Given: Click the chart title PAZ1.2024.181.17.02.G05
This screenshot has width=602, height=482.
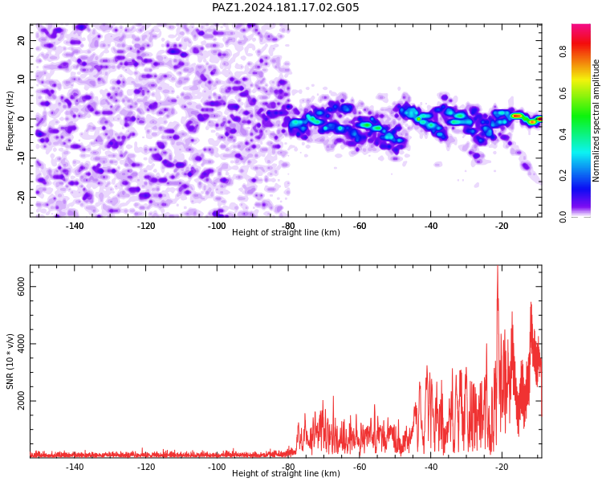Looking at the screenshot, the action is coord(285,7).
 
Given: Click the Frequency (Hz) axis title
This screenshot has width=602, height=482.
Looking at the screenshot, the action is coord(10,120).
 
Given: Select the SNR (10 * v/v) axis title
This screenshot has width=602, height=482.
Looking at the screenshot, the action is coord(10,361).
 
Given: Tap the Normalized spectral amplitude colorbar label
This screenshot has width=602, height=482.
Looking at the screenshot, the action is coord(596,120).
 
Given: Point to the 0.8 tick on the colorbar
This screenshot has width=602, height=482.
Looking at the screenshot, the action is coord(563,51).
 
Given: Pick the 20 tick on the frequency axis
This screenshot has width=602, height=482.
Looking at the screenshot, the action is coord(21,40).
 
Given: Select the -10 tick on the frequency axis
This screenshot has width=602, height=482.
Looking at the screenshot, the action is coord(21,158).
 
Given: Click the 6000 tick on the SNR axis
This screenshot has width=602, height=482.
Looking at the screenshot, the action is coord(21,287).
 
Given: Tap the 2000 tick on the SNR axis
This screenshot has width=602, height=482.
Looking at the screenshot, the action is coord(21,401).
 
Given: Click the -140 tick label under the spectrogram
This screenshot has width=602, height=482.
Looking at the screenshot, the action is coord(75,226).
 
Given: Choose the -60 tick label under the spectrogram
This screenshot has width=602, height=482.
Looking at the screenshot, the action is coord(360,226).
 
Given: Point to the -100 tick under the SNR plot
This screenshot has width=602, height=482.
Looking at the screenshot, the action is coord(217,467).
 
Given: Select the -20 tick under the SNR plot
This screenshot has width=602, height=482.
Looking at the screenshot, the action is coord(502,467).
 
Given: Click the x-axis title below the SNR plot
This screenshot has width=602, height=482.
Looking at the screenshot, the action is coord(286,473).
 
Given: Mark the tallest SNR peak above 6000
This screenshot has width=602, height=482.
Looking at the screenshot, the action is coord(498,266).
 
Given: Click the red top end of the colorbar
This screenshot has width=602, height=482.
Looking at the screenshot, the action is coord(581,26).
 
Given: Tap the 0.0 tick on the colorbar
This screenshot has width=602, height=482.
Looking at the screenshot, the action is coord(563,217).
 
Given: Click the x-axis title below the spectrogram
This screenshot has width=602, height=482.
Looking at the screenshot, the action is coord(286,232).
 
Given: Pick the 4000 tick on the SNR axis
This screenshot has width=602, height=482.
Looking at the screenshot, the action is coord(21,344).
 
